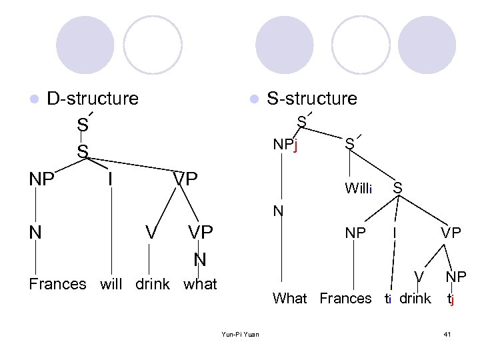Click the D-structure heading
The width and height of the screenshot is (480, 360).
click(x=93, y=99)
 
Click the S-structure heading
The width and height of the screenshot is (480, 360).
click(x=311, y=99)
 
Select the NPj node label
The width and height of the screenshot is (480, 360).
click(x=285, y=145)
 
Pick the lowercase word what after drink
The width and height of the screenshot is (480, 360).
click(x=200, y=284)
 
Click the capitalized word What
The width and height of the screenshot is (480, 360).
click(x=290, y=299)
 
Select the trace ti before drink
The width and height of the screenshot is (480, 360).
click(x=389, y=299)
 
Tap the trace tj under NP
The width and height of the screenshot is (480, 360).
click(x=451, y=299)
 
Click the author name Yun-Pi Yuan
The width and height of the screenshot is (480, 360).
click(x=241, y=334)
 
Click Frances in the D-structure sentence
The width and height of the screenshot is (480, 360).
click(x=58, y=284)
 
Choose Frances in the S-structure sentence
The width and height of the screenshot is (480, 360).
click(x=345, y=299)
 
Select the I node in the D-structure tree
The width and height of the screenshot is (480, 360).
click(x=110, y=179)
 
